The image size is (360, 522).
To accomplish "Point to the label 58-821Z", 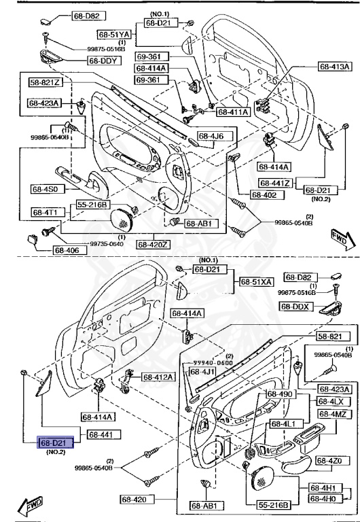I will coord(45,83).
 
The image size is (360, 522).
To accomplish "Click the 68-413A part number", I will coord(335,67).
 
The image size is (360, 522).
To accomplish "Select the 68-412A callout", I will coord(158,377).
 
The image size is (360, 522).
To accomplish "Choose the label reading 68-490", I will coord(279,394).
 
